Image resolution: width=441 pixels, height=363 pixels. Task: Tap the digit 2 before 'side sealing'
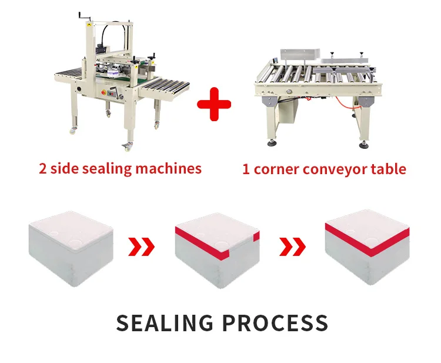coord(43,169)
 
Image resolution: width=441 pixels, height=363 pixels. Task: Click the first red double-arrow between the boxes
coord(142,247)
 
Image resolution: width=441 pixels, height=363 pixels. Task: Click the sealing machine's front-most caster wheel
coord(127,145)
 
